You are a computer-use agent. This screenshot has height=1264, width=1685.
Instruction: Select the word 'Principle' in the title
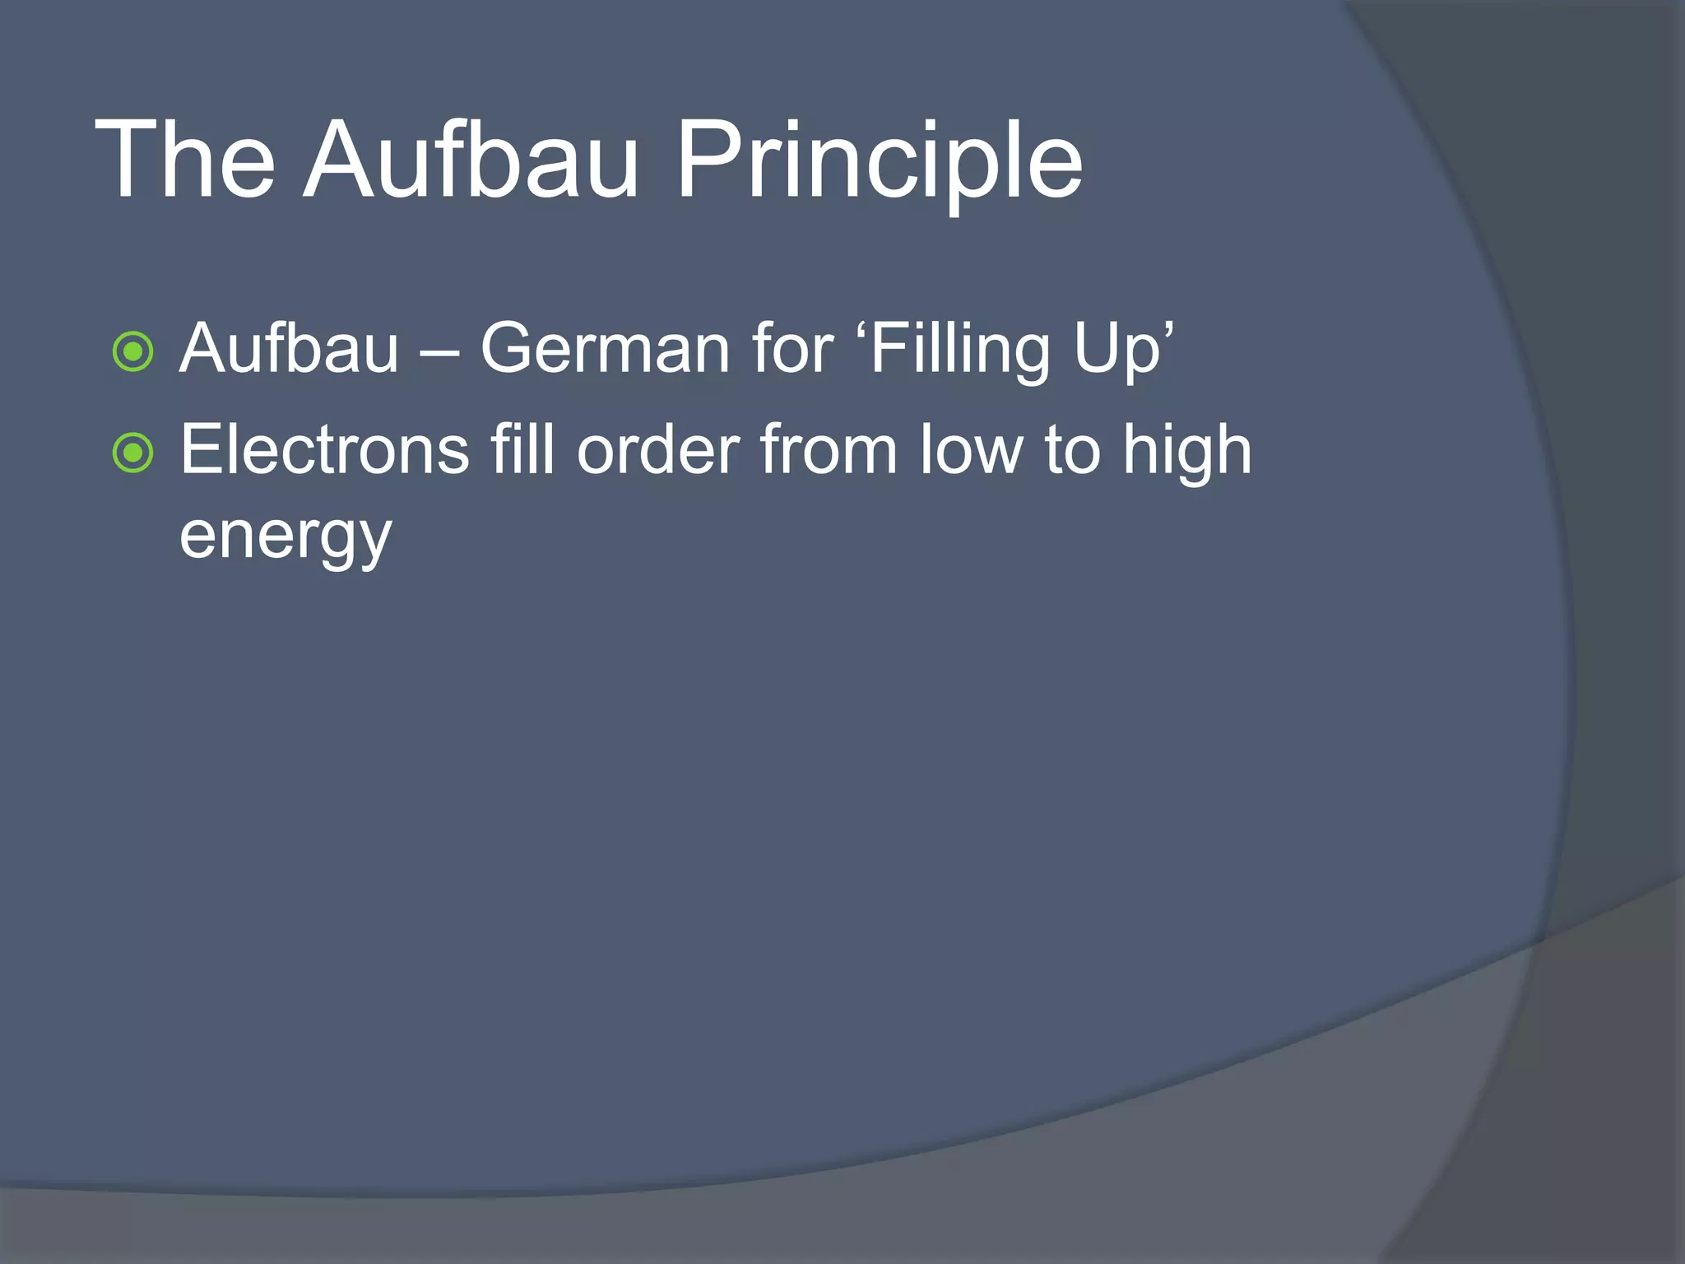(x=878, y=160)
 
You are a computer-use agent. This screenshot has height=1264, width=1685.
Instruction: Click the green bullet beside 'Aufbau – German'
(x=132, y=351)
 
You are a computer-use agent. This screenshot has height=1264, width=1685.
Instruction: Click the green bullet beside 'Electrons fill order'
(x=132, y=453)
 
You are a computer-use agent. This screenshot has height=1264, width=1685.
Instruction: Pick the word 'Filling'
(x=959, y=350)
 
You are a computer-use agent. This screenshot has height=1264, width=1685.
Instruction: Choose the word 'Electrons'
(x=324, y=450)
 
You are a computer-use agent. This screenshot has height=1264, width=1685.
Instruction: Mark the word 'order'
(x=658, y=450)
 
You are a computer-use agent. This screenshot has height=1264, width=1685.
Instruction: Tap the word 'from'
(x=828, y=450)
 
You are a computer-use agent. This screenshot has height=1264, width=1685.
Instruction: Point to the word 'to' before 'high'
(x=1073, y=450)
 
